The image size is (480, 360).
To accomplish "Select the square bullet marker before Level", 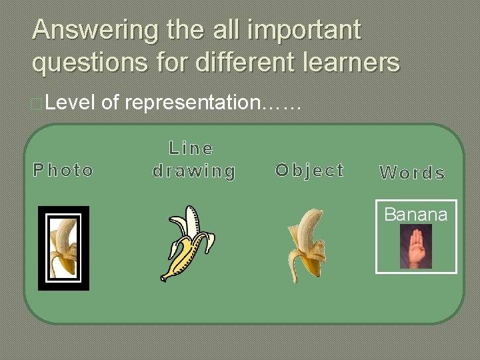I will pyautogui.click(x=38, y=104).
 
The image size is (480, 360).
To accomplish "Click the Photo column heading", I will pyautogui.click(x=63, y=171).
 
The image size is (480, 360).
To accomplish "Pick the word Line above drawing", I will pyautogui.click(x=191, y=148).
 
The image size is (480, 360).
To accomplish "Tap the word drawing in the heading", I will pyautogui.click(x=194, y=171).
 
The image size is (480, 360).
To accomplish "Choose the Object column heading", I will pyautogui.click(x=310, y=170).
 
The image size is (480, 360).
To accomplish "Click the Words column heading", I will pyautogui.click(x=412, y=173).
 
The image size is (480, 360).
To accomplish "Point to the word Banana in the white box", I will pyautogui.click(x=416, y=215).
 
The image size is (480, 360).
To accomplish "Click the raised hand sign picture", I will pyautogui.click(x=416, y=247).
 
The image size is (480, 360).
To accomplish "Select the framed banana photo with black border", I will pyautogui.click(x=63, y=248).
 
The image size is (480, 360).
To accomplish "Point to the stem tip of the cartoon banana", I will pyautogui.click(x=164, y=277).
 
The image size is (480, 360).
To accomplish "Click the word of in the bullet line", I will pyautogui.click(x=111, y=103).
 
